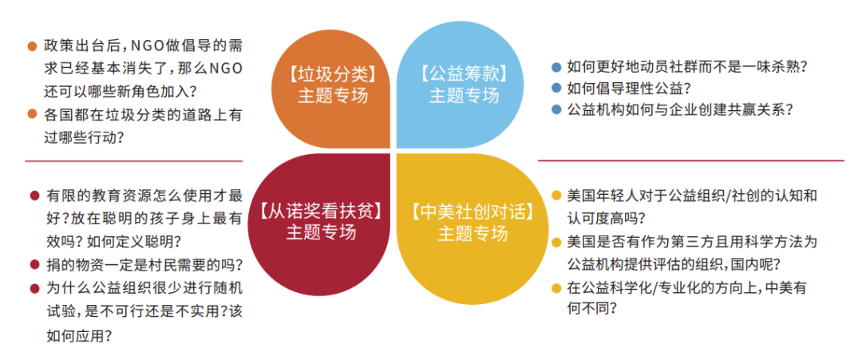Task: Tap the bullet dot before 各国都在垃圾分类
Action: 32,114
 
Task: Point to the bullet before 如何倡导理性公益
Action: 556,89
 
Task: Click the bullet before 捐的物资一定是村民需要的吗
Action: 34,264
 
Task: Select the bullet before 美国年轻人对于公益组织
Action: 556,195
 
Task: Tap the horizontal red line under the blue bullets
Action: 690,160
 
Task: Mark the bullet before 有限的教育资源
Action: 34,195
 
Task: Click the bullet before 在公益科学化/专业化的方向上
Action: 556,288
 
